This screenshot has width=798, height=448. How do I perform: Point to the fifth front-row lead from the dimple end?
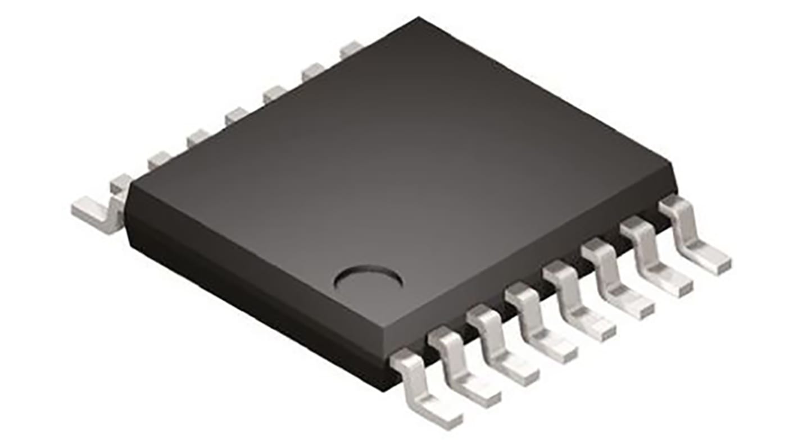click(x=578, y=303)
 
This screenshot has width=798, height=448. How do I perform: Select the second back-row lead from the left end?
click(x=120, y=183)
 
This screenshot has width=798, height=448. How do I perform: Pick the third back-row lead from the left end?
click(x=158, y=160)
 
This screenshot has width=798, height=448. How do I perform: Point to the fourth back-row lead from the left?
click(x=198, y=138)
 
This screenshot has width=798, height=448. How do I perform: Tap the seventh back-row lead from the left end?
click(x=312, y=72)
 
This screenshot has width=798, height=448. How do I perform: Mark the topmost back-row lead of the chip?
click(x=350, y=49)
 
